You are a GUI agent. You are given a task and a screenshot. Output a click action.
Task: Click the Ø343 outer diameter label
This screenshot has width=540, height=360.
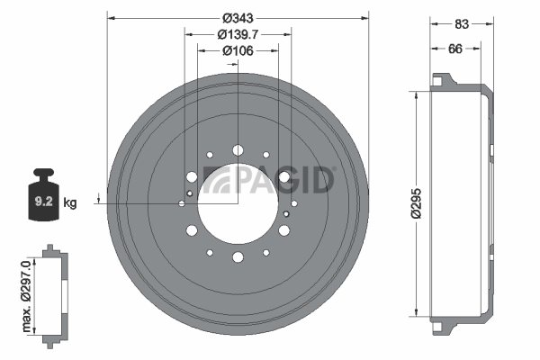238,18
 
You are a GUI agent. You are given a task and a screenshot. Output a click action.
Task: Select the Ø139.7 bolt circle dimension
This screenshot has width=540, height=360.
238,34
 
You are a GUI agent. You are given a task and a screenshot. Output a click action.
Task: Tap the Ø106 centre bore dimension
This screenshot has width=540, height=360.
238,50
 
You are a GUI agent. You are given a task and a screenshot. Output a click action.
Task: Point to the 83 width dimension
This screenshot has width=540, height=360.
462,23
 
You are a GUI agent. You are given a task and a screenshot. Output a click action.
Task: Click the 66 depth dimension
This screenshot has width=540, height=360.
455,49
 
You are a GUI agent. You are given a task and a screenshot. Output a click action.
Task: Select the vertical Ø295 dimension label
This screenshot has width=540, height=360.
417,203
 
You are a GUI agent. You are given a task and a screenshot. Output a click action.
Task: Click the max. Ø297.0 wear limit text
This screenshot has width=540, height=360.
26,297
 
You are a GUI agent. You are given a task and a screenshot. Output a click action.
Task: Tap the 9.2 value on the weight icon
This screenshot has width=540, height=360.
44,202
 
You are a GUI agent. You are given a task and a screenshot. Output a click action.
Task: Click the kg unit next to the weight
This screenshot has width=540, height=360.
70,202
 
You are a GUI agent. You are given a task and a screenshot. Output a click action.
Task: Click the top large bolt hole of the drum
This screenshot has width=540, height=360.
238,150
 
